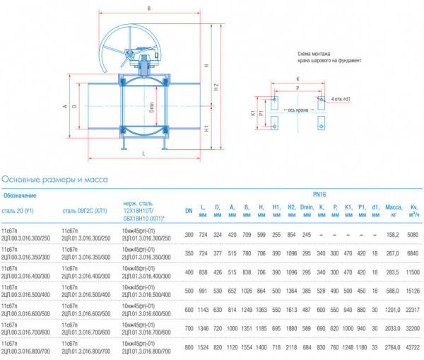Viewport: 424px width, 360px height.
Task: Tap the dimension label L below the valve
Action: (143, 153)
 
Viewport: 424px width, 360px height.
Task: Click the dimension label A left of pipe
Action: (64, 107)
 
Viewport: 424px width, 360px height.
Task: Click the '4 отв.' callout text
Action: (341, 99)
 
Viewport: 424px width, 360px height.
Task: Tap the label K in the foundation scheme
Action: (298, 79)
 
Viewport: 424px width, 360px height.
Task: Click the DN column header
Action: (189, 211)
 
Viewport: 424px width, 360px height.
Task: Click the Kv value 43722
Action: (413, 348)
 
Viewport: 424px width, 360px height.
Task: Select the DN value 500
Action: (189, 291)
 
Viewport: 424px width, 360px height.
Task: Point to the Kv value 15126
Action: (413, 291)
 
